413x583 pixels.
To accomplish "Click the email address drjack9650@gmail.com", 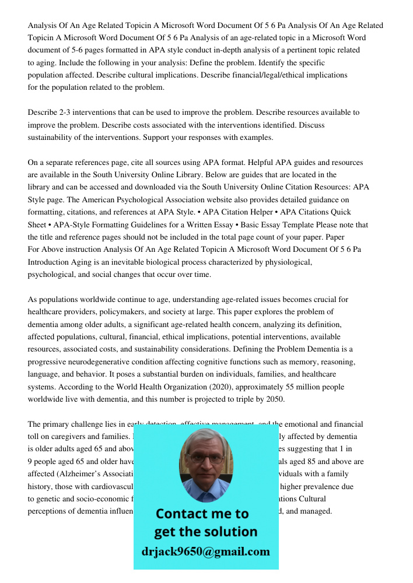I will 206,552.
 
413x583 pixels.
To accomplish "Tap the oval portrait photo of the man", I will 205,465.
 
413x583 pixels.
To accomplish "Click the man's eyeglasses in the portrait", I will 206,459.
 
